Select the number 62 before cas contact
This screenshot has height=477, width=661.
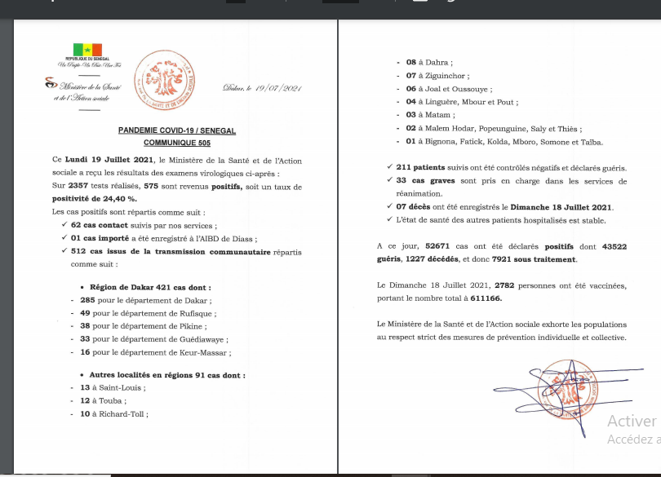(77, 225)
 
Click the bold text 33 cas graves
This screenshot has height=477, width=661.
(425, 181)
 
